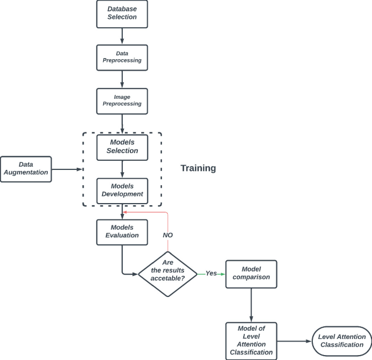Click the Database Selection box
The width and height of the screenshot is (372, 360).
click(122, 14)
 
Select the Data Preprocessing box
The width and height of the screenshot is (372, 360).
click(122, 57)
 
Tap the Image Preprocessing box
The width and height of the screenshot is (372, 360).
click(122, 100)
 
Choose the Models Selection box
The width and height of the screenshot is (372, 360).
click(122, 147)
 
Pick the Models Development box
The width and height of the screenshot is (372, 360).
click(122, 191)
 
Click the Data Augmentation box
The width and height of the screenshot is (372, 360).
click(26, 169)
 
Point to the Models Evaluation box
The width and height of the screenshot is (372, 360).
click(122, 232)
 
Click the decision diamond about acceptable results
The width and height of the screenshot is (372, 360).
click(168, 274)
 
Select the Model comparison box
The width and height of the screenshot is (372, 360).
click(251, 274)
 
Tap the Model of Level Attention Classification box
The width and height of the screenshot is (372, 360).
click(251, 340)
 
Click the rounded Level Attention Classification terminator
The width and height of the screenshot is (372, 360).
click(342, 341)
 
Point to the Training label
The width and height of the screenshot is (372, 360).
click(198, 168)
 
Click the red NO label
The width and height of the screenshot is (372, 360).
click(168, 235)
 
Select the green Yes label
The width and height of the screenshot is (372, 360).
click(211, 274)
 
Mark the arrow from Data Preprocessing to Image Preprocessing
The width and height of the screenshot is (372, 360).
click(122, 79)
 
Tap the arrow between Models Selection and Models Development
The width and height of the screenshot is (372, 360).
click(122, 169)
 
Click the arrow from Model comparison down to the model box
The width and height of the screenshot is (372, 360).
click(251, 305)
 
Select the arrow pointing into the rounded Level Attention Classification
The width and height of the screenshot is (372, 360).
click(294, 341)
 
